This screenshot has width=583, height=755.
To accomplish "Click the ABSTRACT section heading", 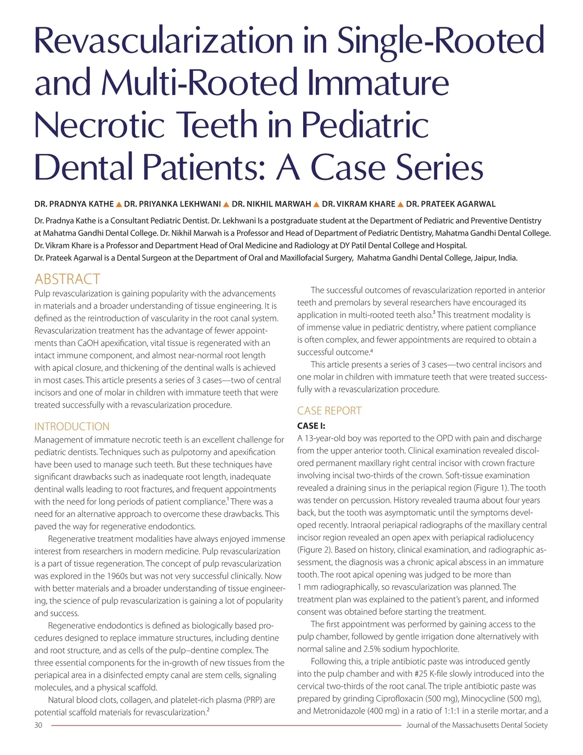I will [67, 279].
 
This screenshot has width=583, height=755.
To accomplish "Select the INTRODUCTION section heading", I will [72, 426].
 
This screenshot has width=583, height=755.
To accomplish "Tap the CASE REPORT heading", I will [329, 411].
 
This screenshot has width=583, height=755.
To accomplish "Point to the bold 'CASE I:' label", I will [311, 426].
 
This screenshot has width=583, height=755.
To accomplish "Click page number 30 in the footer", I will [38, 725].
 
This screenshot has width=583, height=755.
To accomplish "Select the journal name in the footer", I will [477, 725].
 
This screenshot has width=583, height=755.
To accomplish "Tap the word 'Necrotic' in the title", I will [100, 125].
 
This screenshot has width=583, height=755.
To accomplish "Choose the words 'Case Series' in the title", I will [396, 167].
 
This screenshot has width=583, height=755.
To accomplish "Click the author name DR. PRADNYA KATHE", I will [74, 204].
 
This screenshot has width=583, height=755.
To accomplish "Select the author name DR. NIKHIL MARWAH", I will [272, 204].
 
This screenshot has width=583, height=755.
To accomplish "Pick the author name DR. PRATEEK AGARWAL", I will [451, 204].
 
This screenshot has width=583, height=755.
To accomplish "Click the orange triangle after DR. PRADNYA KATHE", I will [119, 205].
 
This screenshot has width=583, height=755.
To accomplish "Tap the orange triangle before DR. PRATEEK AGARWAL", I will [401, 205].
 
